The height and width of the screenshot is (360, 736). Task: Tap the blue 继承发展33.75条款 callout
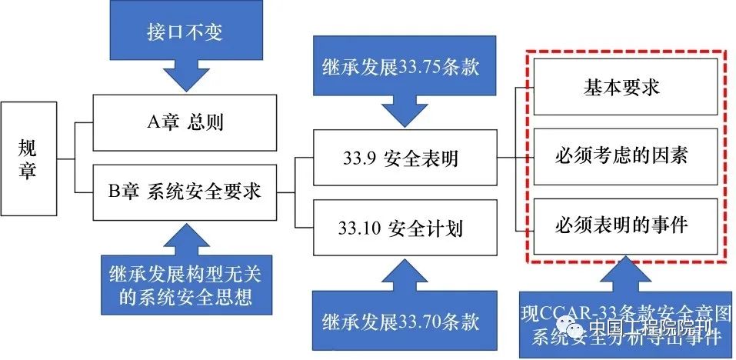pos(399,66)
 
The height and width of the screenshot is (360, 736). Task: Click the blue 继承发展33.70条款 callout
pos(399,320)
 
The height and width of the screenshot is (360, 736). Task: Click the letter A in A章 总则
pos(150,122)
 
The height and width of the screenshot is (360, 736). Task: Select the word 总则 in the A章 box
pos(205,122)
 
